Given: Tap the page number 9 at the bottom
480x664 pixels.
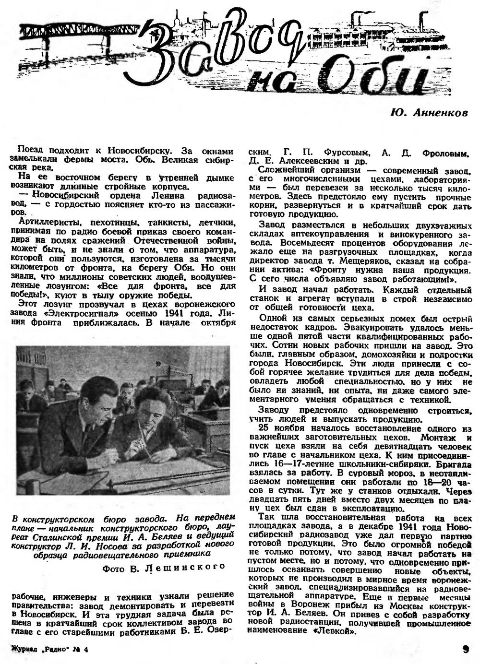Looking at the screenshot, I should (x=465, y=650).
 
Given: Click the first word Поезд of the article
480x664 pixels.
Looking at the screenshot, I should (x=29, y=150).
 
